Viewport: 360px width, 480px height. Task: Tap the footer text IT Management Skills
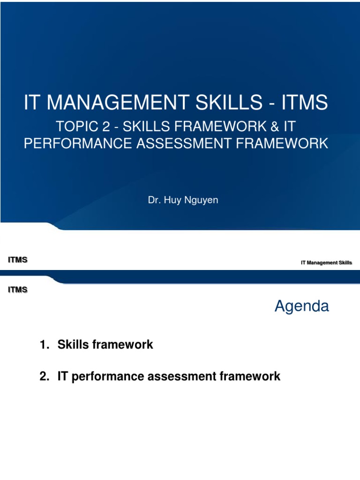coord(326,263)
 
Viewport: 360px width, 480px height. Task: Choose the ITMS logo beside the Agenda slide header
coord(18,290)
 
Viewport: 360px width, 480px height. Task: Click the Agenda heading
coord(301,307)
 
